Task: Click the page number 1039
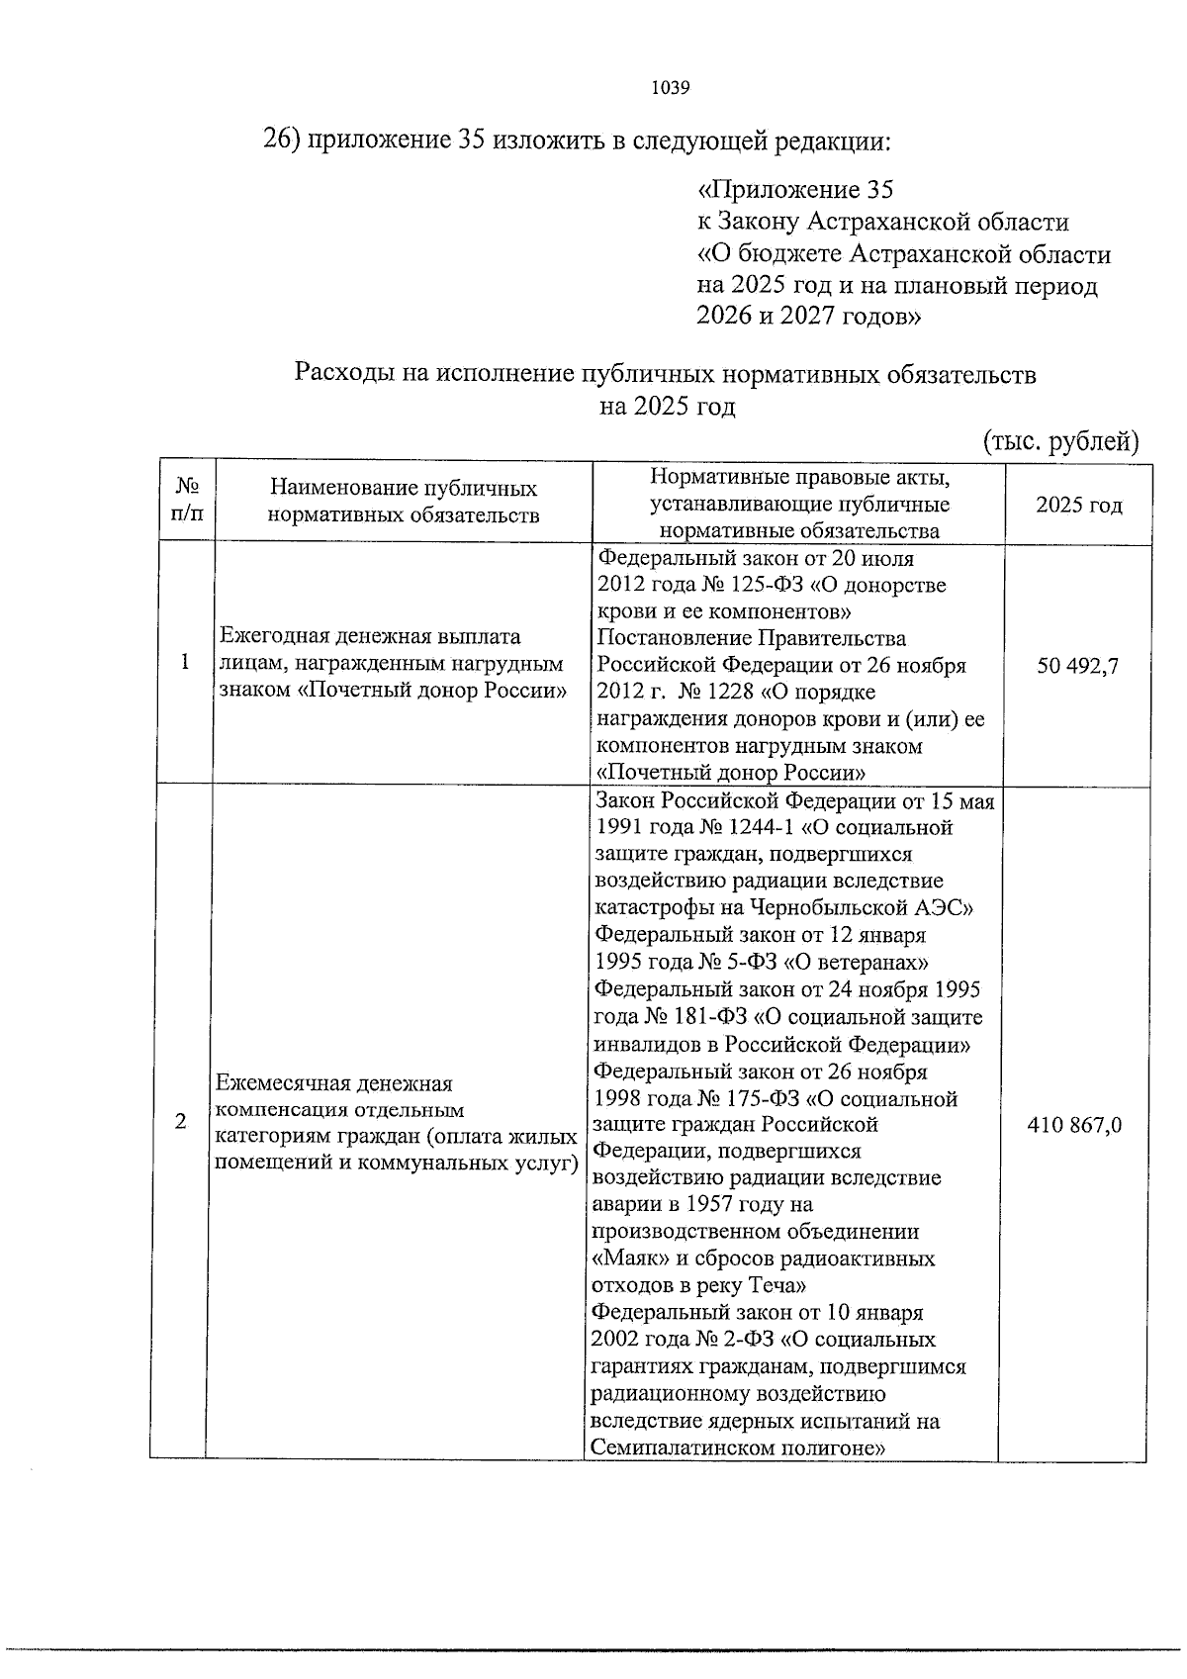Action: click(671, 87)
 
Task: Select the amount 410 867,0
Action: click(1074, 1125)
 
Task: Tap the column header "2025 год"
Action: click(1079, 506)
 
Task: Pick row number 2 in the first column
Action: click(180, 1121)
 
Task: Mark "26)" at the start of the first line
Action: click(281, 141)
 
